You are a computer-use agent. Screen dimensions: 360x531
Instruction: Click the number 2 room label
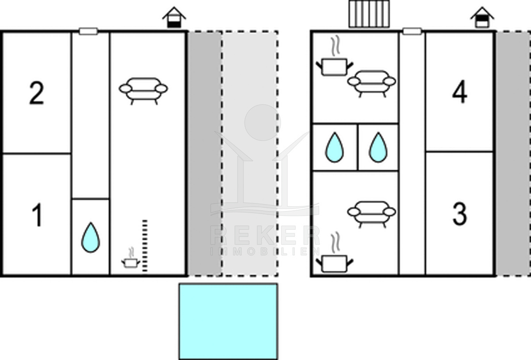click(37, 93)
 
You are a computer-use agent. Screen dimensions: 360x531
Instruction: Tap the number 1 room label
click(38, 216)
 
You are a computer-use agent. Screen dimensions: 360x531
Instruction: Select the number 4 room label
click(460, 93)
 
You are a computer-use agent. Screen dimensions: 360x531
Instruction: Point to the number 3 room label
click(460, 214)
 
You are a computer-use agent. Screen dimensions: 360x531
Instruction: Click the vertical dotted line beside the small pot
click(145, 245)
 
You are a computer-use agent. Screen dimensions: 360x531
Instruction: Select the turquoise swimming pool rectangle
click(228, 321)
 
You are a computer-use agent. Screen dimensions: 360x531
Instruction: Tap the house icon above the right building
click(482, 18)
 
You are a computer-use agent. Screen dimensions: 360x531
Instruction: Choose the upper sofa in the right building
click(372, 82)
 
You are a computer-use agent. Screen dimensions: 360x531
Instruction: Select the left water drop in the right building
click(334, 147)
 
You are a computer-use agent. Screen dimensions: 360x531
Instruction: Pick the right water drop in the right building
click(378, 147)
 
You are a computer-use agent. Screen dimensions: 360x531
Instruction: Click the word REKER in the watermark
click(265, 236)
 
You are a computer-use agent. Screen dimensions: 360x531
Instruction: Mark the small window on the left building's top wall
click(88, 31)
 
